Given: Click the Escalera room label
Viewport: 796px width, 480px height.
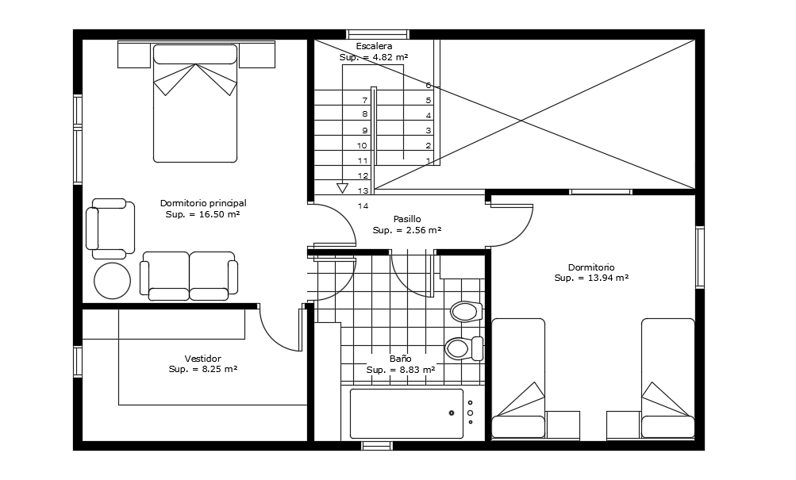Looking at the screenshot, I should (x=373, y=46).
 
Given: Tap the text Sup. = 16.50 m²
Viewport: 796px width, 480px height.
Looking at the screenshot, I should (x=203, y=214).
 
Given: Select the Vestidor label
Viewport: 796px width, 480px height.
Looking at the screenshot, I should (x=202, y=359).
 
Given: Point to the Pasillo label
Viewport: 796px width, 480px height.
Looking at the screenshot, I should (x=407, y=219).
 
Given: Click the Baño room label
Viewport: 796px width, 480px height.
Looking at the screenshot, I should (x=400, y=359).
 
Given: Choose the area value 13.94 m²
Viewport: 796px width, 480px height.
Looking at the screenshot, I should (x=591, y=278).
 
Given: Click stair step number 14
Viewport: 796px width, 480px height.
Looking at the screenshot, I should (x=363, y=206).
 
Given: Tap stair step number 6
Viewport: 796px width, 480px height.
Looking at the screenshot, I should (x=429, y=85).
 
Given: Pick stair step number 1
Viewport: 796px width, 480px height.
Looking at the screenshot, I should (x=429, y=161).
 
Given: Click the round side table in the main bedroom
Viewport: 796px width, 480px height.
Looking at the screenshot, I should (x=112, y=281).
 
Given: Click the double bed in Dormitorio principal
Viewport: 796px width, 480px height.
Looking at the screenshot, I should (x=195, y=103).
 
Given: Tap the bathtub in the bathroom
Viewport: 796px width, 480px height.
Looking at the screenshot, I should (x=406, y=413).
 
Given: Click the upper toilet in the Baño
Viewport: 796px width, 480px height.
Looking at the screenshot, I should (x=466, y=311).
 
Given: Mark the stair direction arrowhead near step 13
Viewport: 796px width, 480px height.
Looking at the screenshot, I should (x=342, y=188).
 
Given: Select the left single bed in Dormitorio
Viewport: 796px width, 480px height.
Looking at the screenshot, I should (x=518, y=378).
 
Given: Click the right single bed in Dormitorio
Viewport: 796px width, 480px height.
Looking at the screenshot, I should (x=667, y=378).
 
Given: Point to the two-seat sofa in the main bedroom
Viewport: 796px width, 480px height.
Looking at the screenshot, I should (x=189, y=276).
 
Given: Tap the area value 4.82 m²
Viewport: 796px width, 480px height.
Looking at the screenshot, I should (x=374, y=57).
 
